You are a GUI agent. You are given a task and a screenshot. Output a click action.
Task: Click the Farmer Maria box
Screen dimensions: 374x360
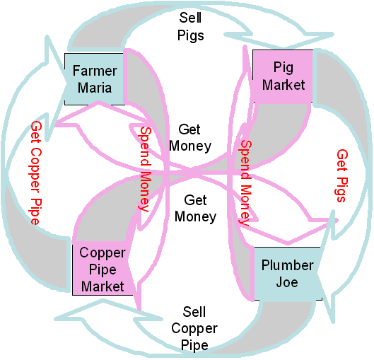94,79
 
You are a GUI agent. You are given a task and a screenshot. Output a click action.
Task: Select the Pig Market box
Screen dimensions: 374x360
283,76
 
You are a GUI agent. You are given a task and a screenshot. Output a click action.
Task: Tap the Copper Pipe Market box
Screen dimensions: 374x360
103,268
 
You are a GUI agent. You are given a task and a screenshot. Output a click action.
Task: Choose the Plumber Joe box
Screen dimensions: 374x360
288,274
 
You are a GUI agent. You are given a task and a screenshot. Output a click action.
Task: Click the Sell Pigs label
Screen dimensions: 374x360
191,26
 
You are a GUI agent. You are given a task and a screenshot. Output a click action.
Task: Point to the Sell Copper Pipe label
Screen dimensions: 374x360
194,328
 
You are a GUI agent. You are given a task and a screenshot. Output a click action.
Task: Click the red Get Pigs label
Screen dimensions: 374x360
341,176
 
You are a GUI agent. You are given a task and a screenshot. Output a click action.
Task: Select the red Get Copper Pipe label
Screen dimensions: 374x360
36,173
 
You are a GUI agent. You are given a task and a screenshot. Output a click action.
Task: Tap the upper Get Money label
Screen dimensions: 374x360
190,138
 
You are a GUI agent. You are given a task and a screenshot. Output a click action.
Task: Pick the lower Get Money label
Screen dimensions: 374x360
196,208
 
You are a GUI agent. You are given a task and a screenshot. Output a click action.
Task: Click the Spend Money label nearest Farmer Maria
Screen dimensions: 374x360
145,169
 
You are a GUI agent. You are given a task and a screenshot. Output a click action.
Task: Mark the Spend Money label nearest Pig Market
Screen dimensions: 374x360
245,183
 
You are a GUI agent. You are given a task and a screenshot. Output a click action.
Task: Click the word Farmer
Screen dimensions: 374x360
95,71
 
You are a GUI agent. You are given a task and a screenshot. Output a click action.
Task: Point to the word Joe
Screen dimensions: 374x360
287,282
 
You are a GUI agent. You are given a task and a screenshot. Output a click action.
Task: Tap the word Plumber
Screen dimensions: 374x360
288,265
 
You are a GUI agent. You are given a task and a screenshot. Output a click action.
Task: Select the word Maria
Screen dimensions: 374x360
95,88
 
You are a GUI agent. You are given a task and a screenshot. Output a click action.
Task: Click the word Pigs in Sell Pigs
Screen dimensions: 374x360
191,36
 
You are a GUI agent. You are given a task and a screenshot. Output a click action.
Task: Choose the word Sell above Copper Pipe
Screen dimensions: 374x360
194,312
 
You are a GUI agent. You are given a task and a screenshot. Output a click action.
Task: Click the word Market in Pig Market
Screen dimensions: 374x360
284,85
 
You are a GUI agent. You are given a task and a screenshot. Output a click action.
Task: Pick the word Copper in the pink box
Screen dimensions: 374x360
103,253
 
